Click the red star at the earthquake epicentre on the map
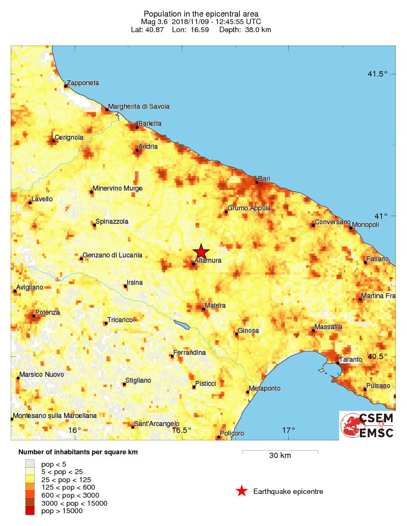pyautogui.click(x=201, y=251)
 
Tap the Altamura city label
pyautogui.click(x=209, y=261)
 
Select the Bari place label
pyautogui.click(x=264, y=178)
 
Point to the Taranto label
pyautogui.click(x=351, y=359)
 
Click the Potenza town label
pyautogui.click(x=48, y=312)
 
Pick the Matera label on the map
pyautogui.click(x=215, y=306)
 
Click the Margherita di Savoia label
pyautogui.click(x=139, y=106)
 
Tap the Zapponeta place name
pyautogui.click(x=83, y=83)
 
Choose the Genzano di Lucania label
pyautogui.click(x=112, y=255)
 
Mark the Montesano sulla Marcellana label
pyautogui.click(x=55, y=415)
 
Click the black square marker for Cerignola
pyautogui.click(x=55, y=141)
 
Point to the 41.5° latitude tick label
pyautogui.click(x=377, y=74)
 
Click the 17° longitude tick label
pyautogui.click(x=289, y=430)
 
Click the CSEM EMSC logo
pyautogui.click(x=367, y=425)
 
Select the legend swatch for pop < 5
pyautogui.click(x=30, y=464)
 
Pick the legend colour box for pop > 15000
pyautogui.click(x=30, y=511)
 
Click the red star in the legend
pyautogui.click(x=242, y=491)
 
